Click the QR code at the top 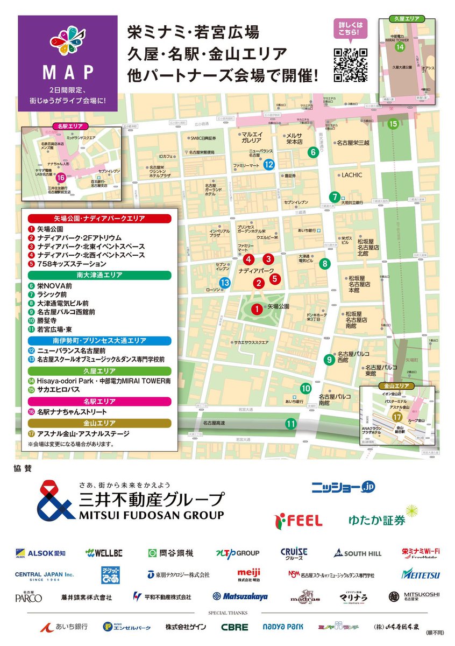click(351, 65)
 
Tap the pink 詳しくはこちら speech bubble click(350, 29)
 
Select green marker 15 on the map click(393, 124)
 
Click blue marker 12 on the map click(269, 165)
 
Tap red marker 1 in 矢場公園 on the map click(257, 308)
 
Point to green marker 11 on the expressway click(291, 424)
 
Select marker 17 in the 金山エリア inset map click(397, 418)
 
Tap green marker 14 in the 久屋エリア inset click(400, 47)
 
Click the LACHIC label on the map click(352, 175)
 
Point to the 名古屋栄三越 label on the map click(353, 143)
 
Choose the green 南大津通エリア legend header click(99, 275)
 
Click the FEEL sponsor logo click(298, 520)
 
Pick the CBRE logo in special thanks click(234, 627)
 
